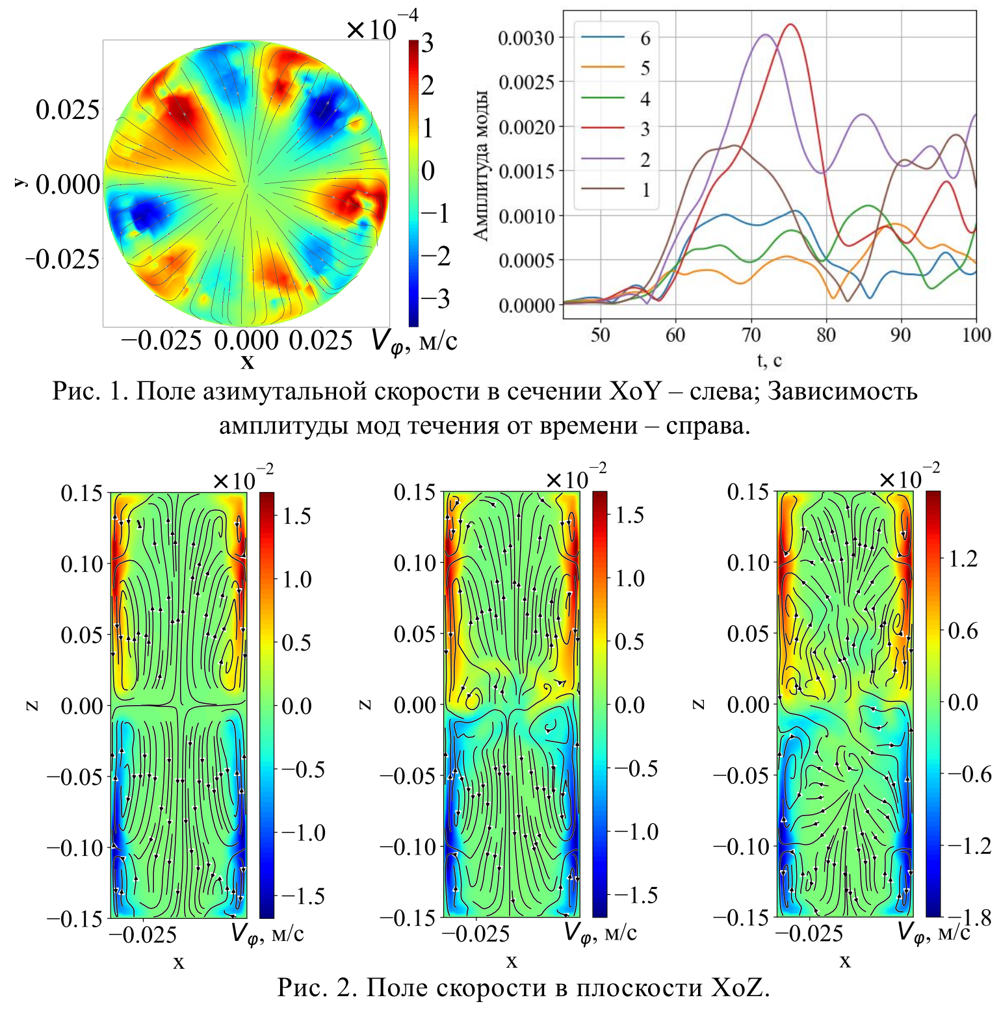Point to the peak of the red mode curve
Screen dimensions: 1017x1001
click(x=790, y=25)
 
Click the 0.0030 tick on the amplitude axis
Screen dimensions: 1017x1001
click(x=526, y=38)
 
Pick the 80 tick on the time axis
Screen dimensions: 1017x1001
click(x=825, y=335)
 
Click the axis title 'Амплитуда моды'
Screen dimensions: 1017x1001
click(x=481, y=166)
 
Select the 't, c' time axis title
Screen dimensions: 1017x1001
click(x=769, y=359)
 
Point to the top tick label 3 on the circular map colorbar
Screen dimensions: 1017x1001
click(x=427, y=44)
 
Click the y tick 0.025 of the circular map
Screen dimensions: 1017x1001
click(x=68, y=109)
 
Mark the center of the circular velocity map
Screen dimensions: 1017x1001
click(x=246, y=184)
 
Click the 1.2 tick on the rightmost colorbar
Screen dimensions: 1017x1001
click(x=963, y=559)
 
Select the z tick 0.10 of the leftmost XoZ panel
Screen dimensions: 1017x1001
click(x=82, y=563)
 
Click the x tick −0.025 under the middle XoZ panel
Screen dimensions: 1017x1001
click(x=476, y=934)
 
